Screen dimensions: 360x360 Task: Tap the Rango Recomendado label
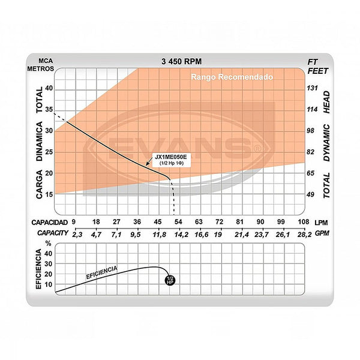tap(231, 77)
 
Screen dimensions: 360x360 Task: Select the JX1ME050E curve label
tap(170, 157)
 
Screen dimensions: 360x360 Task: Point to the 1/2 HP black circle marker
tap(170, 280)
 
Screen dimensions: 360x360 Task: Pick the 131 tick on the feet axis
tap(311, 88)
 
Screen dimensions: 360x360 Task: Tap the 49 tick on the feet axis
tap(311, 194)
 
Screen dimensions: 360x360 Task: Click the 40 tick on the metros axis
tap(49, 88)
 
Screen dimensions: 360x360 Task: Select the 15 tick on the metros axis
tap(49, 194)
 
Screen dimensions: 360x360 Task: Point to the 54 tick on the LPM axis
tap(178, 222)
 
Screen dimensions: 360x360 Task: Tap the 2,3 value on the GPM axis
tap(77, 233)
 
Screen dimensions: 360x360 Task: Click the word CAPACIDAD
tap(49, 222)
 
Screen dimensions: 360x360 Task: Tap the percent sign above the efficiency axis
tap(49, 244)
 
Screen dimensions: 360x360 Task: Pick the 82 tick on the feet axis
tap(311, 152)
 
